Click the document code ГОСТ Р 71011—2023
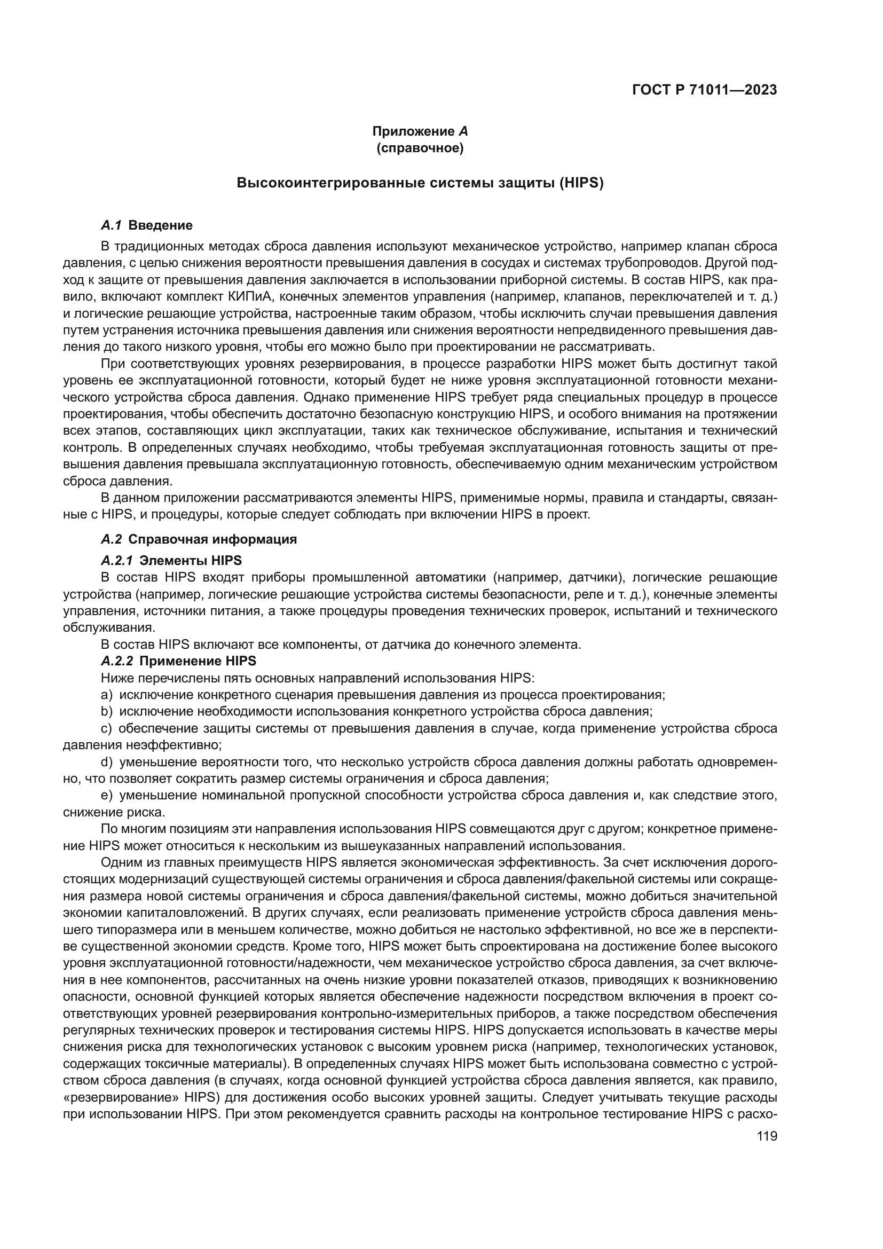[704, 90]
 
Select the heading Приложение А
[420, 131]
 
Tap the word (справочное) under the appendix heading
[420, 148]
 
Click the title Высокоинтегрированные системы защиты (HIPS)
[420, 183]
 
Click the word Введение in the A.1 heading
[160, 225]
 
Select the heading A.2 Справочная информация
[199, 539]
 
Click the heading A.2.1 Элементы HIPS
[171, 560]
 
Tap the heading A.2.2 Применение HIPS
[178, 661]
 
